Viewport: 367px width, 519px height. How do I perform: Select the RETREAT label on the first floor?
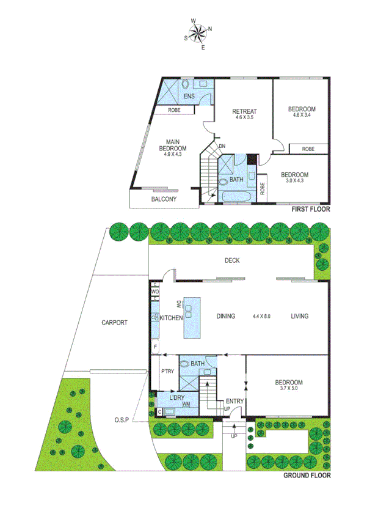click(244, 111)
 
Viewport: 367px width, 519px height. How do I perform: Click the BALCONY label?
click(164, 199)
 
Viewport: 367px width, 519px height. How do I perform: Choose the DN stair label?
click(222, 146)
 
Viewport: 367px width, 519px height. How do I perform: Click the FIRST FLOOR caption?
click(310, 210)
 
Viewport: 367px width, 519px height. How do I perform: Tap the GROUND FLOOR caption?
click(307, 475)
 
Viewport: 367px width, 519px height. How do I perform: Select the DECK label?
click(232, 260)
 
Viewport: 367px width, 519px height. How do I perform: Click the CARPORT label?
click(114, 322)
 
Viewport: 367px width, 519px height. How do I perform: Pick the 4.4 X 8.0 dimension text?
click(261, 317)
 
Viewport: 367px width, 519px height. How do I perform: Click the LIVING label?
click(300, 316)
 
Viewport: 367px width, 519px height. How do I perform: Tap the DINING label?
click(226, 317)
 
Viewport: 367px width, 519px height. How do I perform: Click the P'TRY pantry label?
click(167, 371)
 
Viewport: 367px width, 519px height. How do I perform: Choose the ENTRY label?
click(235, 401)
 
